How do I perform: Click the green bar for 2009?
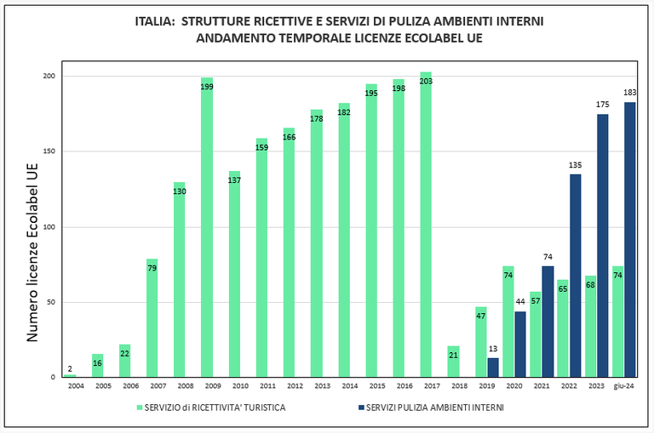(207, 230)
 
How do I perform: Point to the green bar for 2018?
(453, 362)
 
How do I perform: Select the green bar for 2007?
(152, 319)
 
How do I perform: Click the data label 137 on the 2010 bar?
(234, 180)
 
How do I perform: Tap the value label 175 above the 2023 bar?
(602, 105)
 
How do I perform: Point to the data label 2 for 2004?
(70, 368)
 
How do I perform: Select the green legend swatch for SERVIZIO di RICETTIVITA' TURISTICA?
(140, 407)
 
